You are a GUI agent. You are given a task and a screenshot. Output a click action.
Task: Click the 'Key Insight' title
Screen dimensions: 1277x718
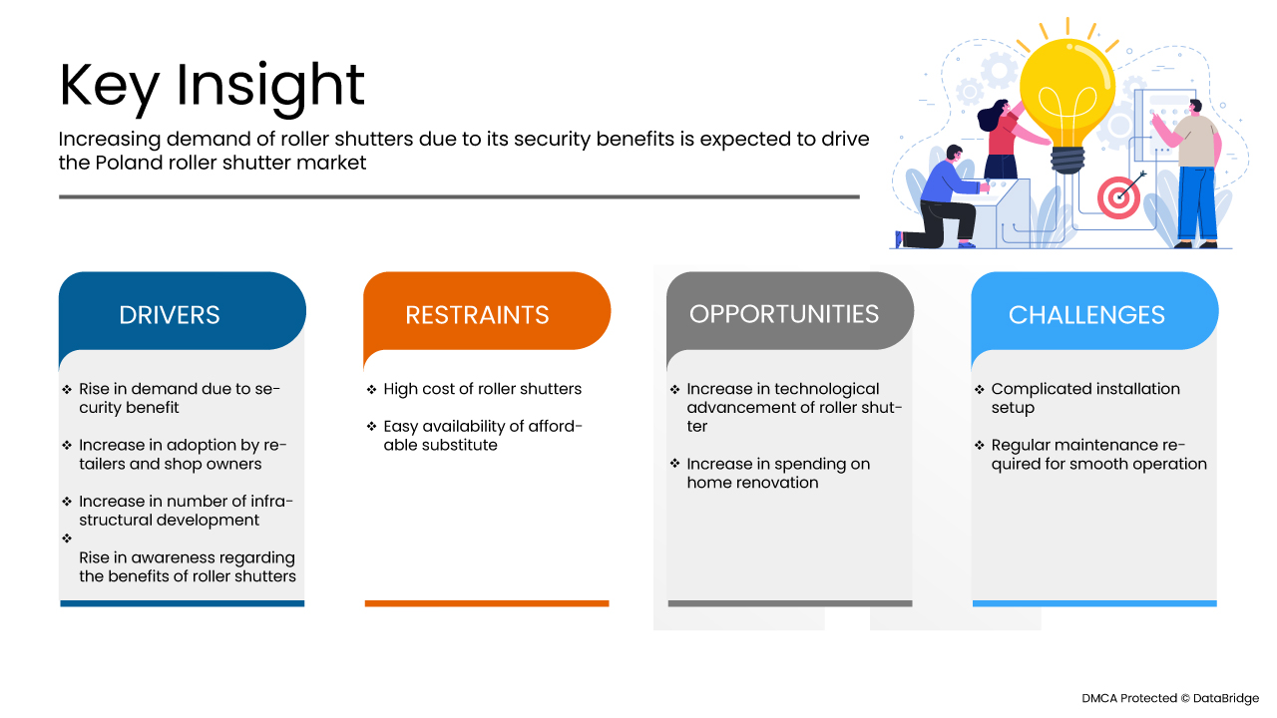[212, 87]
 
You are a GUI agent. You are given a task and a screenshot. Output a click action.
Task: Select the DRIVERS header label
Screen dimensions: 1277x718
[170, 315]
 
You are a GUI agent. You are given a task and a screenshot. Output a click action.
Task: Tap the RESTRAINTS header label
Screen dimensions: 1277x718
[477, 315]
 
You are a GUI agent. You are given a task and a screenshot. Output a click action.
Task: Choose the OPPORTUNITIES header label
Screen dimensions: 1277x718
[784, 314]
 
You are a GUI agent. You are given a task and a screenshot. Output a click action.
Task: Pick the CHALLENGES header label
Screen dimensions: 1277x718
[1086, 315]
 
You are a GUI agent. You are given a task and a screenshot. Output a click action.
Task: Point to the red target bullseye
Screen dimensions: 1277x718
[1118, 197]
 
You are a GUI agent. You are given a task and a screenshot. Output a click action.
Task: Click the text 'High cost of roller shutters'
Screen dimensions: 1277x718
[482, 389]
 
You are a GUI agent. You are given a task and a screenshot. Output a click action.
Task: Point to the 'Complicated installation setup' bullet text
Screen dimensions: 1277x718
[1085, 398]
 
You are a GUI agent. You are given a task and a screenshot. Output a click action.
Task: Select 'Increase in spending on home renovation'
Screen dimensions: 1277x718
[778, 473]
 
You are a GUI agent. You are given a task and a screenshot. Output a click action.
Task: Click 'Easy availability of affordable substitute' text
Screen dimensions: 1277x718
[482, 436]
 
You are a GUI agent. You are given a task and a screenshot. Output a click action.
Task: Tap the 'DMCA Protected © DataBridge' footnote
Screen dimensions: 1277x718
[1170, 698]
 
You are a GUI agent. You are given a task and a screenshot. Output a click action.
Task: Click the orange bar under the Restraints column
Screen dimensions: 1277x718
[487, 603]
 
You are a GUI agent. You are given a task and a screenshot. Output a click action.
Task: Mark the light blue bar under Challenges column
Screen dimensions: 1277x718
[1094, 603]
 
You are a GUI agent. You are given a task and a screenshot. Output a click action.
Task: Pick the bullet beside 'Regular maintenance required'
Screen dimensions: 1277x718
[980, 445]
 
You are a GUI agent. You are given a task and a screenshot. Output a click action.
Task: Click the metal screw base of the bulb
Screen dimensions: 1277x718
[1067, 161]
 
